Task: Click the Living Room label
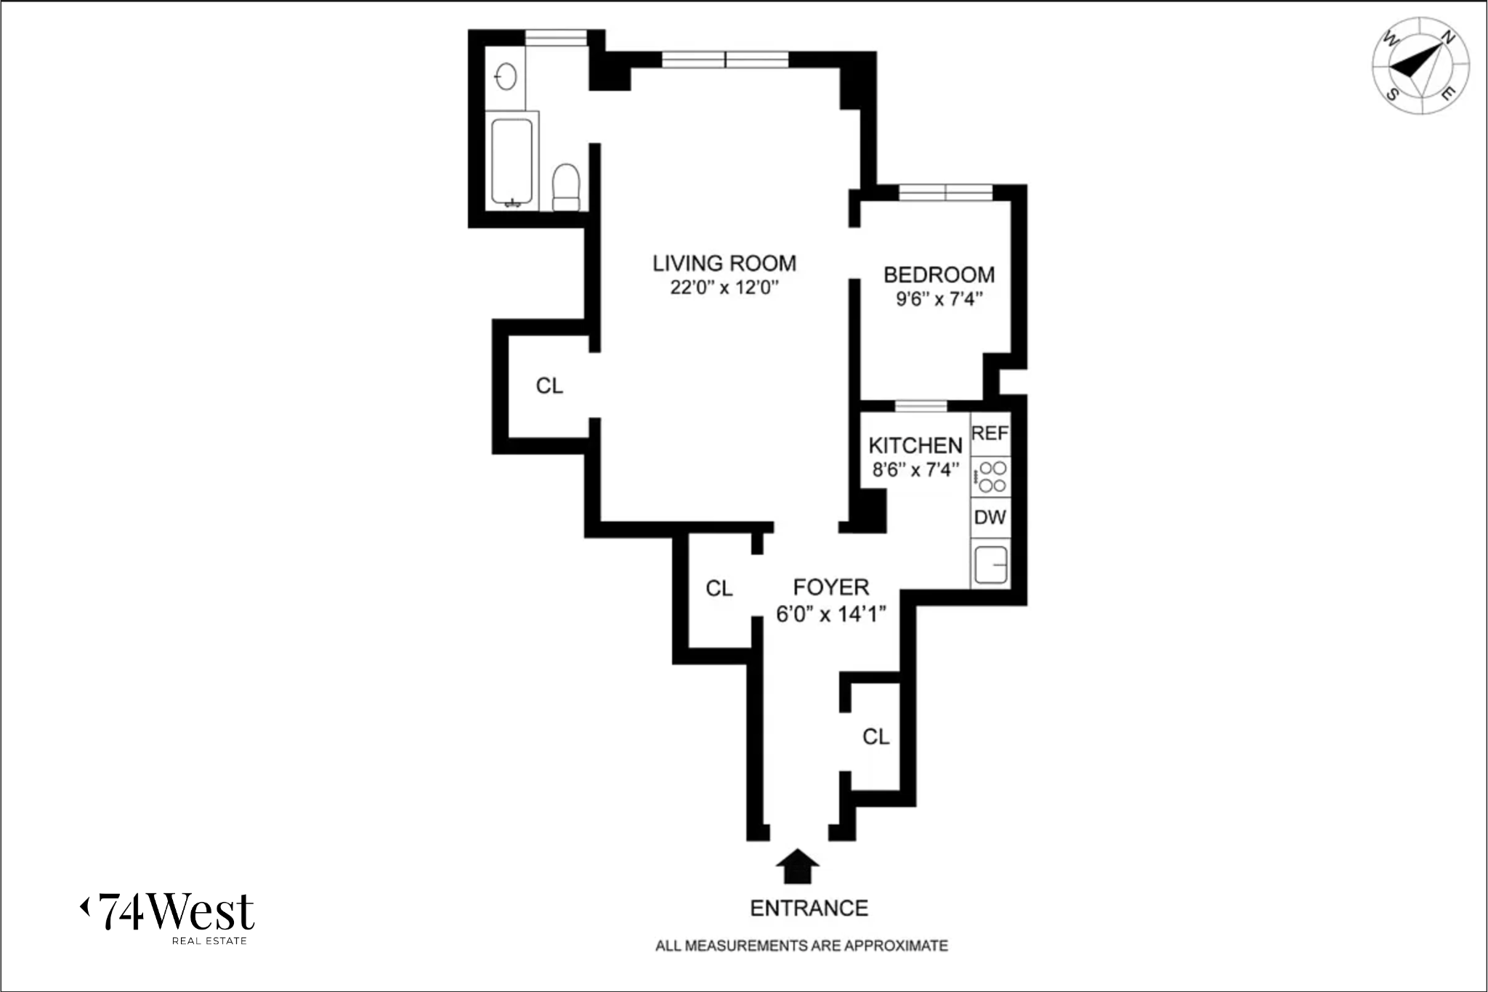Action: (x=724, y=263)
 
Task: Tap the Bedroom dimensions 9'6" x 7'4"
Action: (x=939, y=299)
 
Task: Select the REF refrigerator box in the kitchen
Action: (x=990, y=434)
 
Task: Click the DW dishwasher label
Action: (x=990, y=518)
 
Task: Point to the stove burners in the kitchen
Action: (x=991, y=477)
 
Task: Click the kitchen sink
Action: (x=990, y=565)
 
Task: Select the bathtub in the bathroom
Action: (x=512, y=161)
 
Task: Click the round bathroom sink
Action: (x=506, y=76)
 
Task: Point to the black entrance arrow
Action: (x=797, y=866)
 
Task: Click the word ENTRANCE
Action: (x=809, y=908)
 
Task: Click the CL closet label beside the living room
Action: (x=549, y=386)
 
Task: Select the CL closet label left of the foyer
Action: (x=719, y=588)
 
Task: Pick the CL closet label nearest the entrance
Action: (x=876, y=737)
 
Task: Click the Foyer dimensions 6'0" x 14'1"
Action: (x=830, y=614)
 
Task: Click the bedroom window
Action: (x=945, y=192)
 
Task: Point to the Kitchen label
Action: (x=915, y=445)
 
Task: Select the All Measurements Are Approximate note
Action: (x=801, y=946)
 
